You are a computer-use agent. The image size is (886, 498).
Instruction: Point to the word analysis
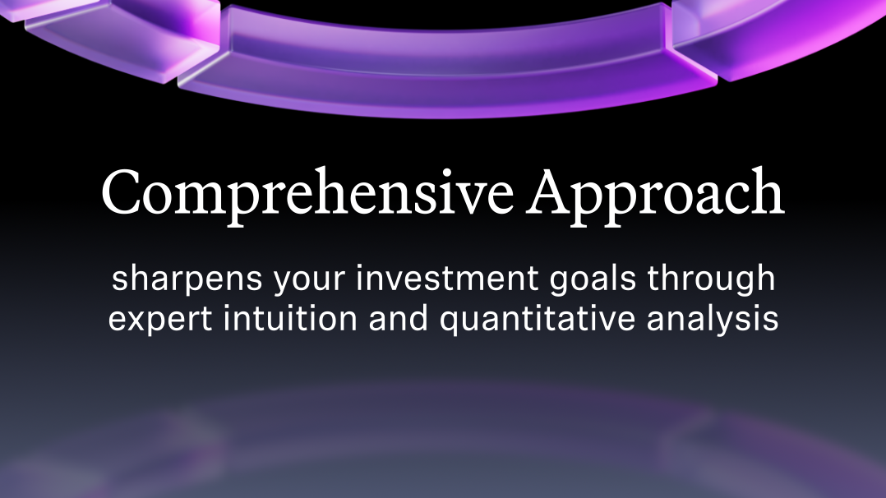point(713,319)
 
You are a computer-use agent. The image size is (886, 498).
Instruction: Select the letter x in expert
point(136,320)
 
